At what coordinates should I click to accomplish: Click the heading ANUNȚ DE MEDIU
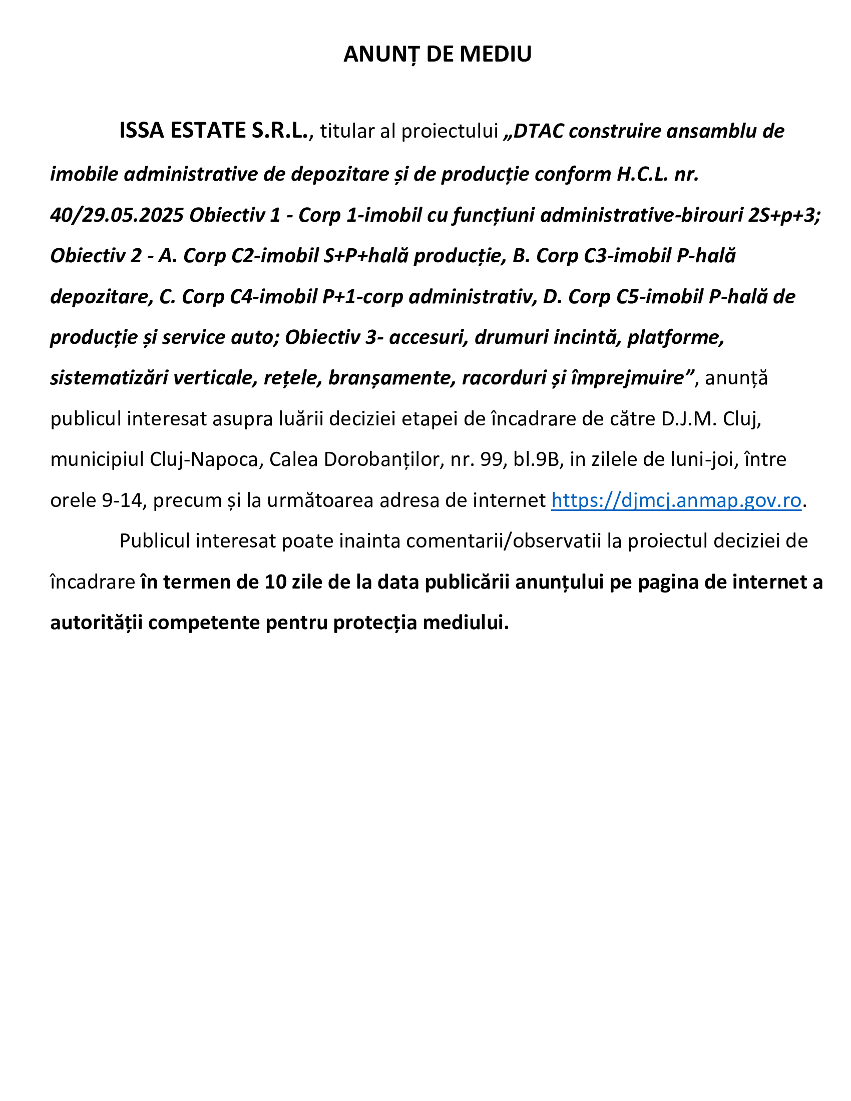pyautogui.click(x=437, y=55)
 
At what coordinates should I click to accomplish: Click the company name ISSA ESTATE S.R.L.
pyautogui.click(x=214, y=131)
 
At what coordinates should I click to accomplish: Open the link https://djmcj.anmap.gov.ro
pyautogui.click(x=676, y=500)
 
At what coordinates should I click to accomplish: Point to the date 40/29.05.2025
pyautogui.click(x=117, y=215)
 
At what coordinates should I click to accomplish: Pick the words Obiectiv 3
pyautogui.click(x=330, y=337)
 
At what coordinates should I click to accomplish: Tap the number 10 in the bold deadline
pyautogui.click(x=276, y=582)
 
